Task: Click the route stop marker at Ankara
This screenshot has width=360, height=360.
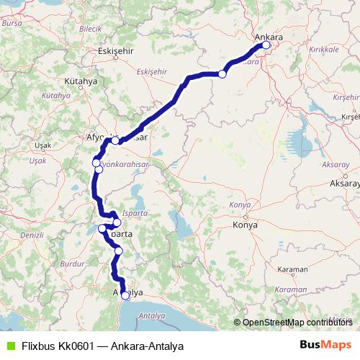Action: [266, 45]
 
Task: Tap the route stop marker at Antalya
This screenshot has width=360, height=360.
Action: [125, 295]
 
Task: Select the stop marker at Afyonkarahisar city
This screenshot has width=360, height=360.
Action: [115, 140]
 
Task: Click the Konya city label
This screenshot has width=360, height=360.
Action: [246, 225]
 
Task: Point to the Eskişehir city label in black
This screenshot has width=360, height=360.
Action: [116, 52]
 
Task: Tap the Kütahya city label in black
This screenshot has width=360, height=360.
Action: [80, 81]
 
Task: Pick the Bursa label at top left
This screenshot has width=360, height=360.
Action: [12, 22]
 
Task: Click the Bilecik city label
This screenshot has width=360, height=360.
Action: [90, 28]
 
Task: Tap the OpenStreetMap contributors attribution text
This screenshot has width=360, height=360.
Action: [297, 323]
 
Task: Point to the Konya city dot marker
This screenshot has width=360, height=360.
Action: [246, 217]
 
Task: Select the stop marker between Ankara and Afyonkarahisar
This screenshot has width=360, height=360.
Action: [222, 74]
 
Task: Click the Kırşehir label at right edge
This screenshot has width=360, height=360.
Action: [350, 115]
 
